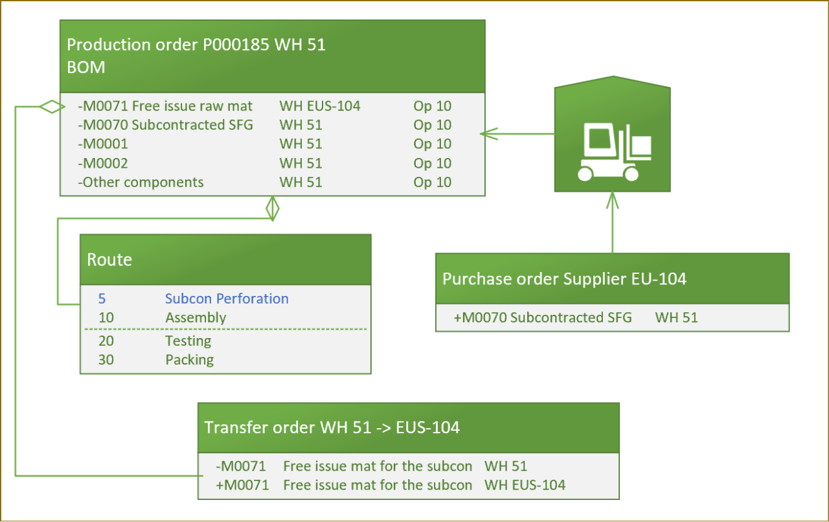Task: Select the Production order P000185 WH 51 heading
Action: pyautogui.click(x=196, y=45)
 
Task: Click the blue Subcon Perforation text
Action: pyautogui.click(x=227, y=299)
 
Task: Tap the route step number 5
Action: pyautogui.click(x=102, y=299)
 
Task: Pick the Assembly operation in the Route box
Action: pyautogui.click(x=196, y=318)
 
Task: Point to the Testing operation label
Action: pyautogui.click(x=188, y=341)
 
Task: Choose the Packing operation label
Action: pyautogui.click(x=189, y=359)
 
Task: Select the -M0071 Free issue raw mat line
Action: pyautogui.click(x=165, y=106)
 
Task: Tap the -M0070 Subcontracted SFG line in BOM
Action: pyautogui.click(x=165, y=125)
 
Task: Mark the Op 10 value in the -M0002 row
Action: pyautogui.click(x=432, y=163)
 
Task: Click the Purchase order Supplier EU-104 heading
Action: pyautogui.click(x=564, y=279)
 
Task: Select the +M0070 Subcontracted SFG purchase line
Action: pyautogui.click(x=543, y=317)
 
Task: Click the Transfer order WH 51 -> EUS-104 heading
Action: pyautogui.click(x=332, y=427)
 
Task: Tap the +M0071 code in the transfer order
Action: pyautogui.click(x=242, y=485)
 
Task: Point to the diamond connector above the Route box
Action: pyautogui.click(x=273, y=208)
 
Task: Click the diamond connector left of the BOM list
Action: pyautogui.click(x=52, y=107)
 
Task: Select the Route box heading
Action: pyautogui.click(x=109, y=260)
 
